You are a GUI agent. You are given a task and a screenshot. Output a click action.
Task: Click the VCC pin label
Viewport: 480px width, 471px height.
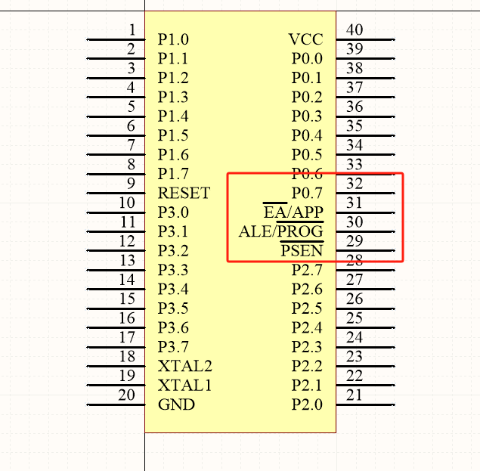pyautogui.click(x=305, y=39)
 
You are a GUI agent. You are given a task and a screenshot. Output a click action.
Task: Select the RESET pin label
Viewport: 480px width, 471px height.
pyautogui.click(x=184, y=194)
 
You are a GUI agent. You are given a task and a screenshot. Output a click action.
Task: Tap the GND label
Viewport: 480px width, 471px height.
pyautogui.click(x=176, y=404)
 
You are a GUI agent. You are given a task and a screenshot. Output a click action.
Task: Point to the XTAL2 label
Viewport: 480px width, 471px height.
pyautogui.click(x=184, y=367)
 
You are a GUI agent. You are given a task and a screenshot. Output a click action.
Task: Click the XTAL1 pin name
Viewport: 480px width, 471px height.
pyautogui.click(x=184, y=386)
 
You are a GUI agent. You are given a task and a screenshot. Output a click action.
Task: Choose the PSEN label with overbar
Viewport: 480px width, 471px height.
pyautogui.click(x=302, y=251)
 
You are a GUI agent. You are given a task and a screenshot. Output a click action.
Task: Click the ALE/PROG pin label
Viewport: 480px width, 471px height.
pyautogui.click(x=280, y=231)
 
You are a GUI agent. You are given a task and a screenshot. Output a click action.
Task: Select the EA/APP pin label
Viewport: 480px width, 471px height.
pyautogui.click(x=293, y=212)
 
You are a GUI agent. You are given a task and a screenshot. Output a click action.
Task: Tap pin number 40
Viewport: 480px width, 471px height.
pyautogui.click(x=354, y=30)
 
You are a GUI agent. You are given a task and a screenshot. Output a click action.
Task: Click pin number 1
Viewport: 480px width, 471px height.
pyautogui.click(x=132, y=30)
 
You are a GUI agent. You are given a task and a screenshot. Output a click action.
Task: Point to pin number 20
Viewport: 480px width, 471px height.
pyautogui.click(x=127, y=395)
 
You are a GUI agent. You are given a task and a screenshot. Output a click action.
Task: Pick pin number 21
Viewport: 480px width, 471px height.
pyautogui.click(x=354, y=395)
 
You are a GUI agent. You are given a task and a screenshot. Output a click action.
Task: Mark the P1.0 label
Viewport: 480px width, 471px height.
pyautogui.click(x=173, y=39)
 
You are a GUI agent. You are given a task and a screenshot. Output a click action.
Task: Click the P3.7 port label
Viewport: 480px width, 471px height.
pyautogui.click(x=173, y=347)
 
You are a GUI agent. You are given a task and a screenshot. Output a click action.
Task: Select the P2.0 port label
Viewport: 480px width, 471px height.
pyautogui.click(x=307, y=404)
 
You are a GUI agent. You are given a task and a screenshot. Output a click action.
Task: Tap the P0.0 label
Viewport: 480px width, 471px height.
pyautogui.click(x=307, y=58)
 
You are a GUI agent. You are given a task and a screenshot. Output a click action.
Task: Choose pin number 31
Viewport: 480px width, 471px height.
pyautogui.click(x=354, y=203)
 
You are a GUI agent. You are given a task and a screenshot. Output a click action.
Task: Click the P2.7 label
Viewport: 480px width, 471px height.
pyautogui.click(x=307, y=270)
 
